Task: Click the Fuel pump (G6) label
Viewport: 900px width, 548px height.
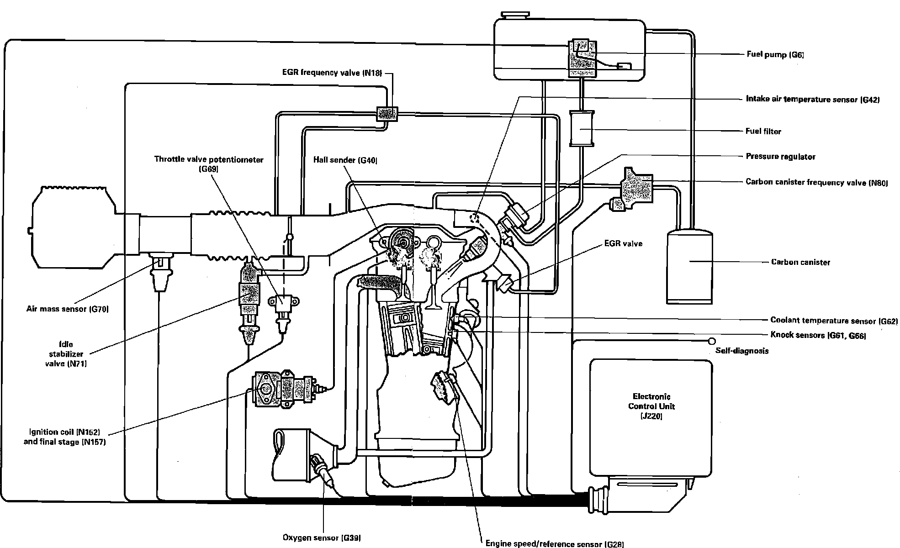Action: pyautogui.click(x=775, y=55)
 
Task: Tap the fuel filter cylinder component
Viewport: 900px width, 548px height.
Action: pyautogui.click(x=581, y=128)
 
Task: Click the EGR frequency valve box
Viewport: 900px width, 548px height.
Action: pyautogui.click(x=386, y=114)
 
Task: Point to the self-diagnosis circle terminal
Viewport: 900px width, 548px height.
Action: pyautogui.click(x=711, y=341)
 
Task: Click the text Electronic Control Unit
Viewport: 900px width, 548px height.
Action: pyautogui.click(x=651, y=402)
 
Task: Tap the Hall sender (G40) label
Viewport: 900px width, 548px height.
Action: pyautogui.click(x=345, y=160)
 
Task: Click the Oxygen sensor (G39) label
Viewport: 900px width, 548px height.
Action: pyautogui.click(x=322, y=538)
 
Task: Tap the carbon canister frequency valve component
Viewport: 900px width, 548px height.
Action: pyautogui.click(x=635, y=189)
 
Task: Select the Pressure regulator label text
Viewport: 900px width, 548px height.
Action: pyautogui.click(x=780, y=157)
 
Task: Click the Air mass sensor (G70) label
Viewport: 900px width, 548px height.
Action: pyautogui.click(x=67, y=309)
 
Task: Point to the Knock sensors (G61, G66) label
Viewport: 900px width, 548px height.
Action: pyautogui.click(x=818, y=335)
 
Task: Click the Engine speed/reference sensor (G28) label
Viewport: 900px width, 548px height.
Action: pyautogui.click(x=554, y=543)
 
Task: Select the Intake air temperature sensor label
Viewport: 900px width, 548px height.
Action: pyautogui.click(x=812, y=99)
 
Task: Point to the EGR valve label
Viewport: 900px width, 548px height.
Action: pyautogui.click(x=623, y=243)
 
